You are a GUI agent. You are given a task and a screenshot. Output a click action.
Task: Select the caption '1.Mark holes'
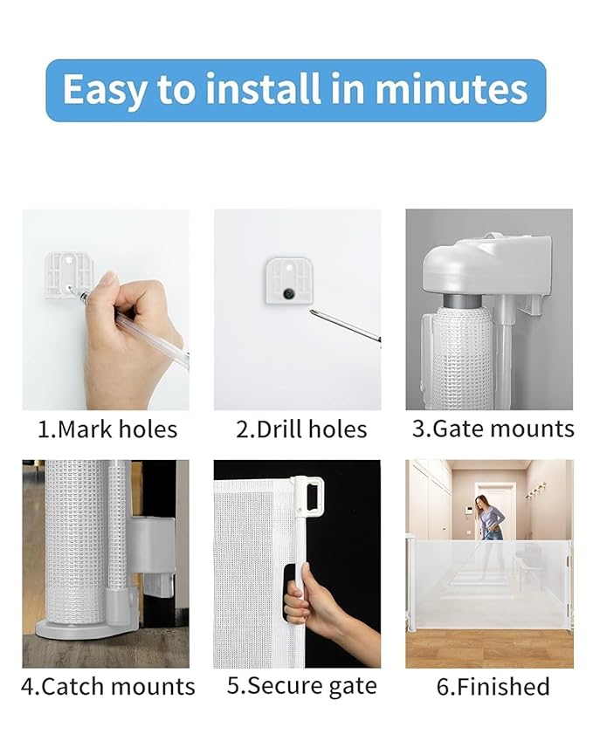point(107,429)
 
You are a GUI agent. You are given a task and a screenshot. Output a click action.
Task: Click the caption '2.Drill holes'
point(301,429)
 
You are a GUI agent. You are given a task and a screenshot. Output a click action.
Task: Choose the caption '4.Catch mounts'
point(107,686)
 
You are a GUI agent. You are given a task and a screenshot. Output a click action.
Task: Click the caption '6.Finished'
point(493,686)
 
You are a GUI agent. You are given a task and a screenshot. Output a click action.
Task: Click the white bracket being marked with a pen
point(67,271)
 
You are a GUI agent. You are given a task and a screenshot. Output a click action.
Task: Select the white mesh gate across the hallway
point(489,580)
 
